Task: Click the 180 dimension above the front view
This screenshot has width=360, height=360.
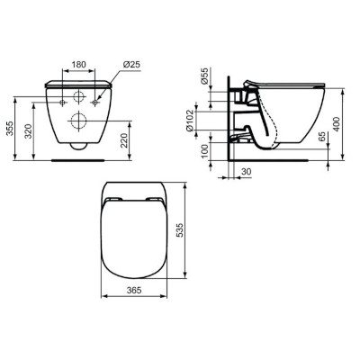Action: [x=80, y=65]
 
